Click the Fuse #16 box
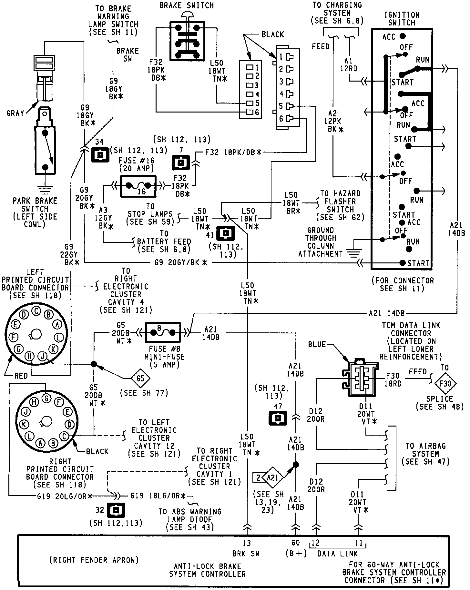pos(138,186)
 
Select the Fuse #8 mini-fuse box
pos(163,332)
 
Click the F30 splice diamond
pos(445,383)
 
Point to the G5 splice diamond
pos(140,378)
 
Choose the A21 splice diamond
pos(272,477)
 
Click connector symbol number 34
pos(101,155)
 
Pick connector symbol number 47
pos(278,418)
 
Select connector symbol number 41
pos(225,234)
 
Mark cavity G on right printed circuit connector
pos(46,398)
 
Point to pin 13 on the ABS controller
pos(247,543)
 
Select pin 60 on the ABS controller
pos(295,543)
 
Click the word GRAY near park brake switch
pos(15,113)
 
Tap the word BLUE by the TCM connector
pos(317,344)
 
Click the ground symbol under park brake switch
pos(45,188)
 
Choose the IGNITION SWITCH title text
pos(402,19)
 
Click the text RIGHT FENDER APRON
pos(94,560)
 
